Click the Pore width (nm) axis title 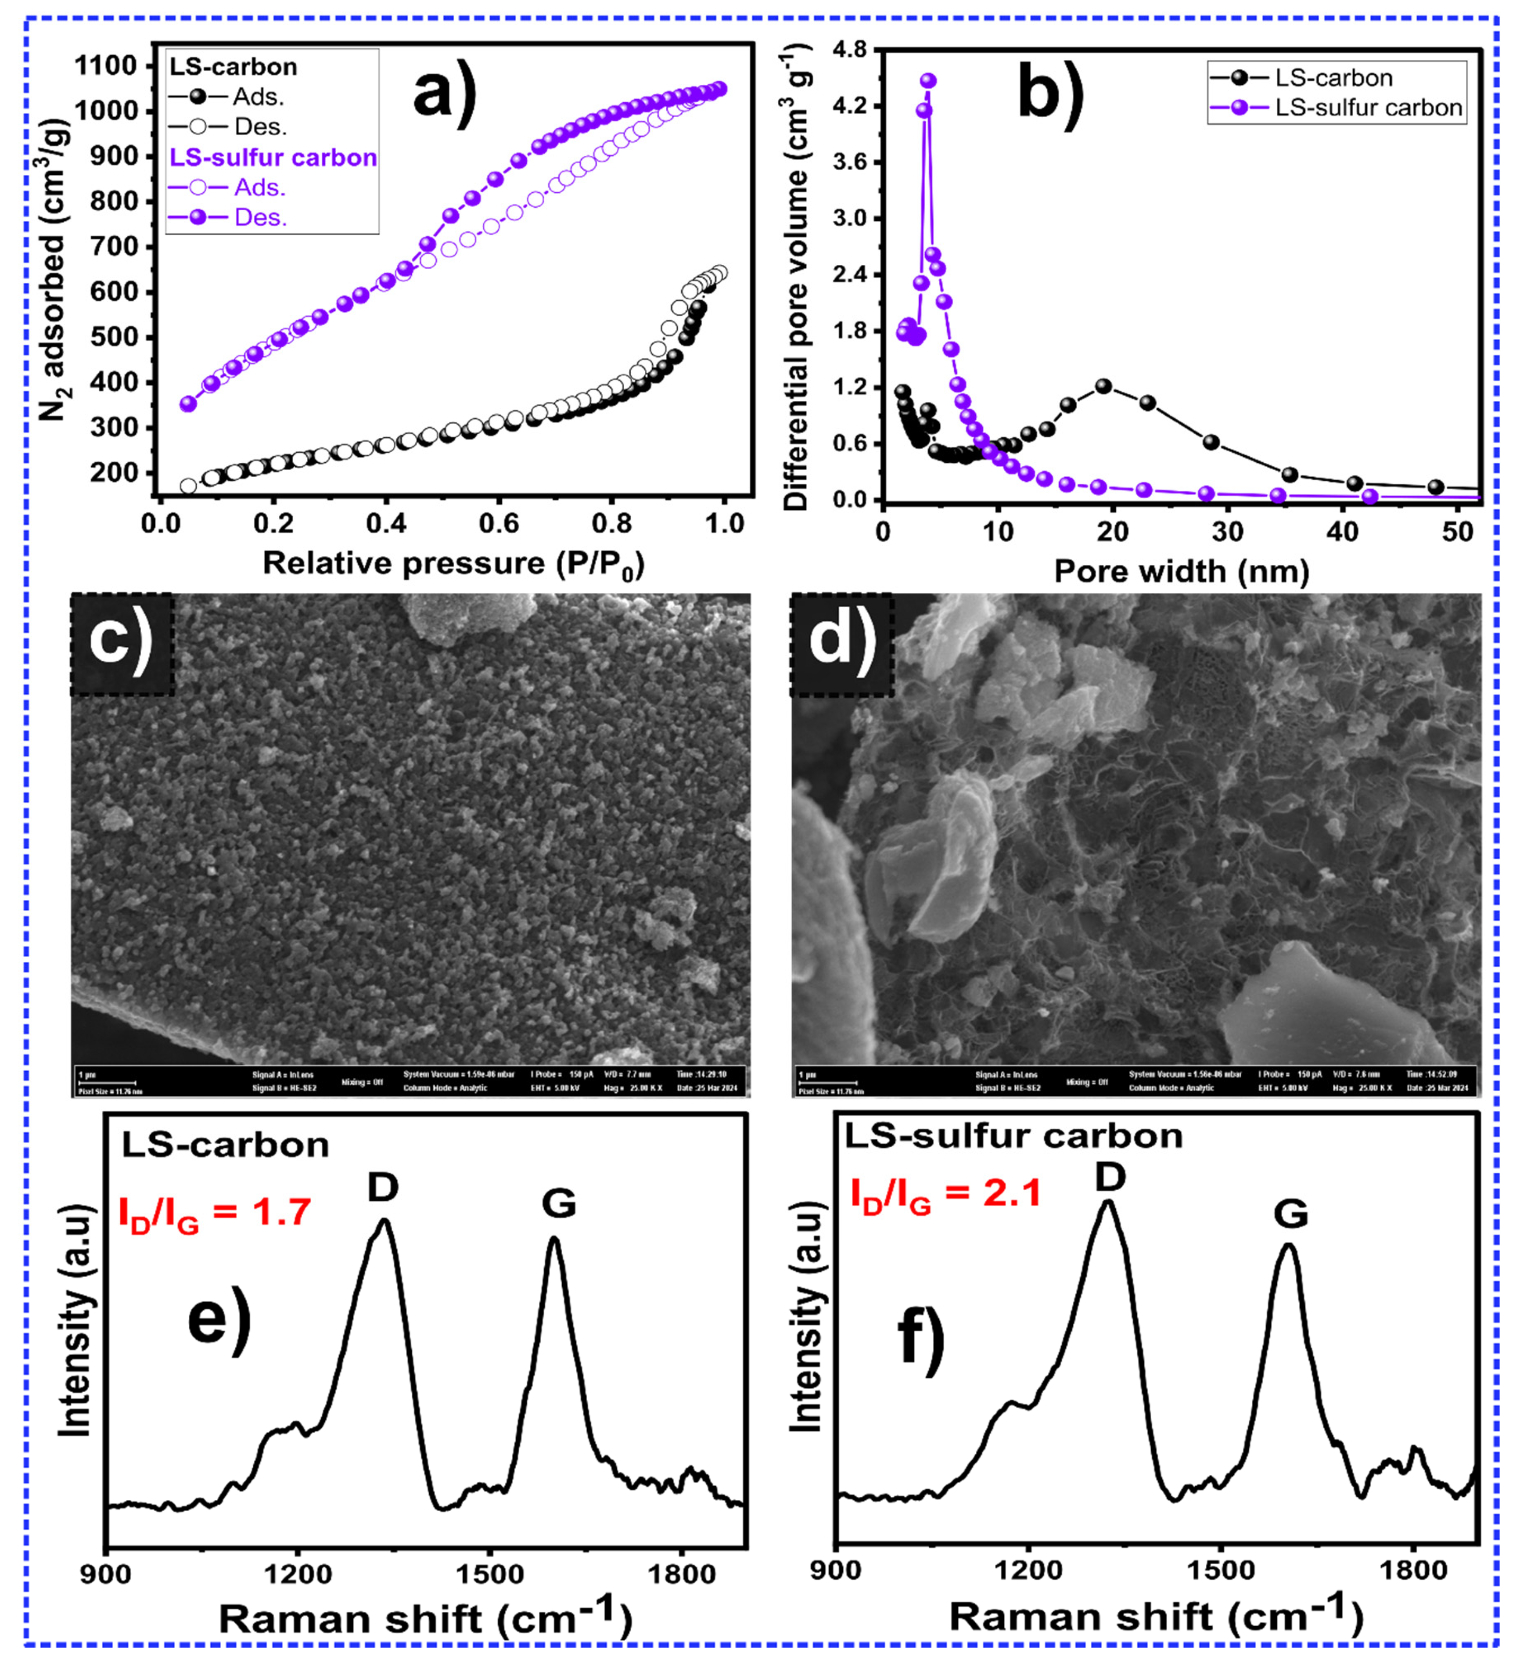[x=1182, y=571]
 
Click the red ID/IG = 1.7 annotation [x=215, y=1214]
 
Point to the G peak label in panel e [x=559, y=1203]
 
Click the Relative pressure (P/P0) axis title [x=453, y=564]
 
